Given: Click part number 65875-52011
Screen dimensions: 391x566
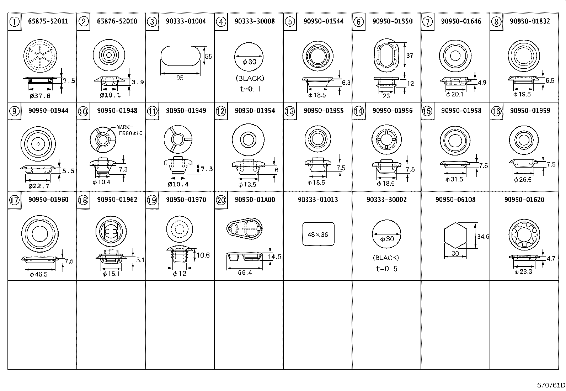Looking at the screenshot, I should [x=48, y=21].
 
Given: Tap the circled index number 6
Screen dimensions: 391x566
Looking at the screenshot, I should [x=358, y=22].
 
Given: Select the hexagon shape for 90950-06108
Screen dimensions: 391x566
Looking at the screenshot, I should [x=455, y=236].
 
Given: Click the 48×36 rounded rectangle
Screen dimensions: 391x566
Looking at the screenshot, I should [x=318, y=234].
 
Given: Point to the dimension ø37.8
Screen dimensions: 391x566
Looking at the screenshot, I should [x=40, y=96].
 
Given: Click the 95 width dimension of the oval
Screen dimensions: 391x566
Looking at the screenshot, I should [x=180, y=78].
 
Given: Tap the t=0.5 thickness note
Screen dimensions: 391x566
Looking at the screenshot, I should [x=386, y=269].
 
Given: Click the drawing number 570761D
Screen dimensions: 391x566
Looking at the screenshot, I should [x=551, y=385].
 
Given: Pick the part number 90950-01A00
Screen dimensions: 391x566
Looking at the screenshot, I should [x=255, y=200].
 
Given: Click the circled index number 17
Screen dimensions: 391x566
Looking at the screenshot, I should [x=15, y=200].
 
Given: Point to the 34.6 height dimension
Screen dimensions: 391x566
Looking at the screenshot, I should [x=483, y=236].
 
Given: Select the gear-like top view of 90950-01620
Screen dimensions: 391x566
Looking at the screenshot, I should [x=524, y=234].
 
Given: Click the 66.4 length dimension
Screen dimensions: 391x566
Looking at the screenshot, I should [x=245, y=273].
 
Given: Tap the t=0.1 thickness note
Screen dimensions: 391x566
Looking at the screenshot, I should [x=250, y=89].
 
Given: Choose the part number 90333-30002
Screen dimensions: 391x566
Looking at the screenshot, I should [x=386, y=200].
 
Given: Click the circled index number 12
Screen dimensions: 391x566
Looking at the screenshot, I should [x=221, y=111].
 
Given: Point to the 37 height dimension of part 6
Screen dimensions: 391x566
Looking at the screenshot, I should [x=410, y=56].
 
